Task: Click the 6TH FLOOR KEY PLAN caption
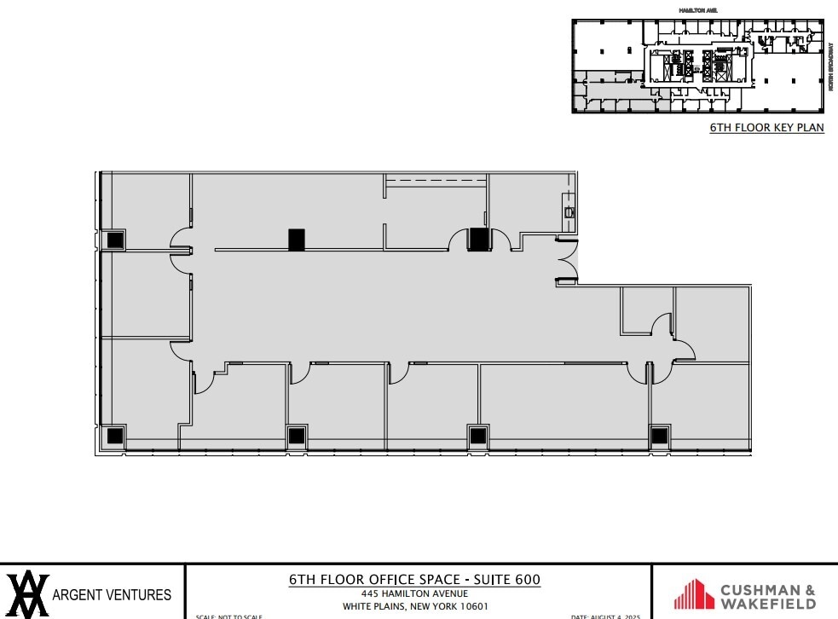(767, 128)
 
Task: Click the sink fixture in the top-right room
(568, 207)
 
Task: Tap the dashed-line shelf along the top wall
(436, 181)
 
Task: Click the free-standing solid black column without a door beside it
(296, 240)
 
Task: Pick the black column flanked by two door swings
(479, 240)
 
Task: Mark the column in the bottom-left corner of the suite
(113, 437)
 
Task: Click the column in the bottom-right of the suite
(661, 437)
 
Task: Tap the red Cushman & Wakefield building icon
(694, 594)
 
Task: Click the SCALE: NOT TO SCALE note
(228, 616)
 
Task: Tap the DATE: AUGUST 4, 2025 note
(605, 616)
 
